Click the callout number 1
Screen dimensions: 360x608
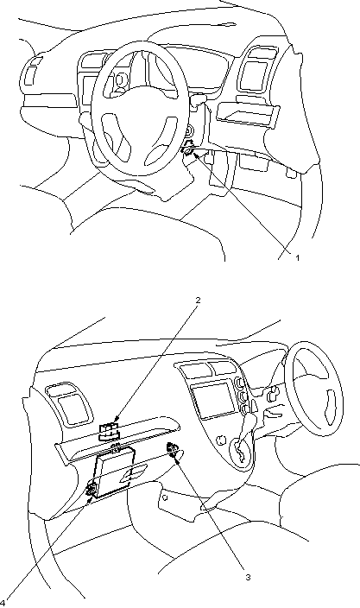(x=298, y=257)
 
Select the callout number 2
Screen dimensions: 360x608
(x=198, y=300)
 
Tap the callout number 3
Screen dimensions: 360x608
(x=248, y=577)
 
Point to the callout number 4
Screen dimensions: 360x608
(x=3, y=603)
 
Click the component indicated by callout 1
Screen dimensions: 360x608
(x=188, y=149)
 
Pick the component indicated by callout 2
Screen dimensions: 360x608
(x=109, y=432)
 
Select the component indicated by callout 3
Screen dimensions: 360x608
(x=173, y=448)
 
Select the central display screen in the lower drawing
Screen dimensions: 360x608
(x=214, y=400)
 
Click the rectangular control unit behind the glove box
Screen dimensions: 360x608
(x=113, y=472)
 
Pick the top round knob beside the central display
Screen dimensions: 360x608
(x=239, y=383)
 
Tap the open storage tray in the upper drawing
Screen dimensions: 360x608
(x=248, y=115)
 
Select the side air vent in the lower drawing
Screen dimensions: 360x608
(x=70, y=405)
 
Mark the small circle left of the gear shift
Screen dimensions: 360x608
(x=221, y=440)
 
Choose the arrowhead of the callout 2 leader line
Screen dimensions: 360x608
(x=117, y=419)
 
